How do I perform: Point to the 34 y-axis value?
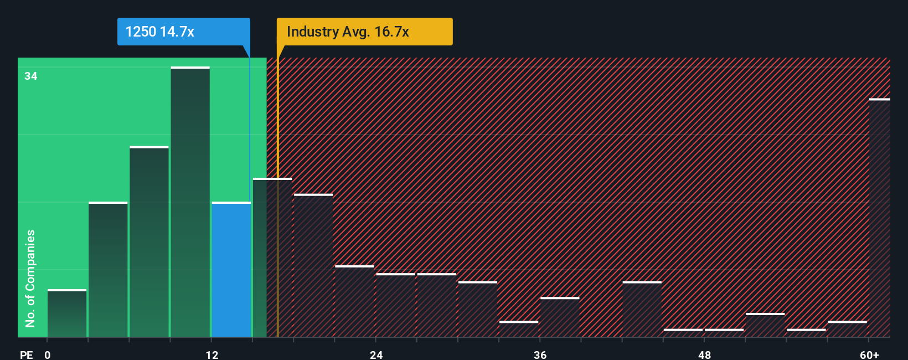click(x=31, y=76)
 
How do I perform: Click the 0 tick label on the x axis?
click(x=48, y=355)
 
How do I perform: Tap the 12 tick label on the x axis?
click(x=212, y=355)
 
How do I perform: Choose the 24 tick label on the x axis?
click(x=376, y=355)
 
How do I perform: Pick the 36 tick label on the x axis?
click(x=540, y=355)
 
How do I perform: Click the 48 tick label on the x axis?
click(x=704, y=355)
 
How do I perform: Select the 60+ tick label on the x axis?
click(x=869, y=355)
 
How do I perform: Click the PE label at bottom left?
click(x=27, y=355)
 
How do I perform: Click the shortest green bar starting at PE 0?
click(x=67, y=313)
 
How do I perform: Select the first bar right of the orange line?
click(x=313, y=266)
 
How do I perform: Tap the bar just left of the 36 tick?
click(x=519, y=329)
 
